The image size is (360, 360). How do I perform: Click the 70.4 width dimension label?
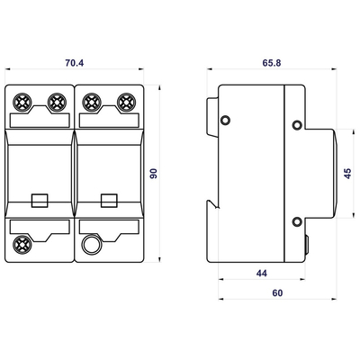click(76, 64)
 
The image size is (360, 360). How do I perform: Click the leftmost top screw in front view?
click(23, 103)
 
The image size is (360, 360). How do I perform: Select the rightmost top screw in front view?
click(125, 103)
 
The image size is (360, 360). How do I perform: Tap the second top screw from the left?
click(57, 103)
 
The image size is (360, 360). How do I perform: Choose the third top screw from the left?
click(92, 103)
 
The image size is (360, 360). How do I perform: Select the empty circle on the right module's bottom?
click(91, 244)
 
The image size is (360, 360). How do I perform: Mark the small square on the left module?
click(40, 201)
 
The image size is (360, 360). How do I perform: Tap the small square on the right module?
click(109, 201)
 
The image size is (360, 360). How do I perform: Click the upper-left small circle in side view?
click(226, 121)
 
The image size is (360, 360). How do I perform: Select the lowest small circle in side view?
click(298, 222)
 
